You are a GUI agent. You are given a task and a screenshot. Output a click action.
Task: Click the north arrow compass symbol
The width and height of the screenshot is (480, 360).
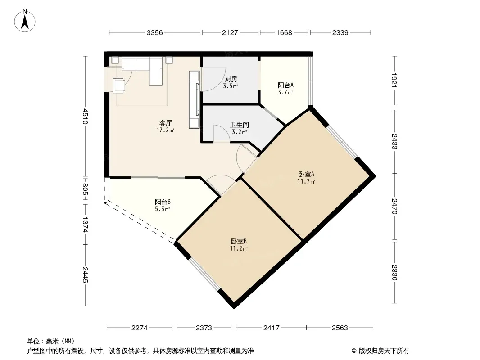pos(25,21)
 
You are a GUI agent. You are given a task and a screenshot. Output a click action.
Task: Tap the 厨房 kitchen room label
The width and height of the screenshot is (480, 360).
pos(231,79)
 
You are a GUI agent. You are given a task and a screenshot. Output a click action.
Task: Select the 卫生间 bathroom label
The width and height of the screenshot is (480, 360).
pos(240,125)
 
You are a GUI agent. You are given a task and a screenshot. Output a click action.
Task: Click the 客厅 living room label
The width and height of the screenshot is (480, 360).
pos(165,123)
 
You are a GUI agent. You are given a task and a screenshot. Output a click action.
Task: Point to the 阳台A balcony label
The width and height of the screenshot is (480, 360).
pos(285,85)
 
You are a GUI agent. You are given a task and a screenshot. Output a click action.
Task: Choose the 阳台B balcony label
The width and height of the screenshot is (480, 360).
pos(163,202)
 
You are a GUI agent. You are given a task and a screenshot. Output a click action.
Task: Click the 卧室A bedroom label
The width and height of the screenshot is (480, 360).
pos(307,174)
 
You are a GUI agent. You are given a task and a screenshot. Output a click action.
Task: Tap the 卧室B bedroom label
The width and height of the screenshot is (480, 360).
pos(239,242)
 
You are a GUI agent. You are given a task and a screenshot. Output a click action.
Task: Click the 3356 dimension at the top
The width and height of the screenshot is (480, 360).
pos(154,33)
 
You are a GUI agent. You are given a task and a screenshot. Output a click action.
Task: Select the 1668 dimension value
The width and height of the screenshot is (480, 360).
pos(284,33)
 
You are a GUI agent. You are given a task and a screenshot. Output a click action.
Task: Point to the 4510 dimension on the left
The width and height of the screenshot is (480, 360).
pos(85,117)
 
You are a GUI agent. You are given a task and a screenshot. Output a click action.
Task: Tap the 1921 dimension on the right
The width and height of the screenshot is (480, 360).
pos(394,80)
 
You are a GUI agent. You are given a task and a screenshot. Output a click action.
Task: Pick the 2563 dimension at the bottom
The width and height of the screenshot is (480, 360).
pos(340,328)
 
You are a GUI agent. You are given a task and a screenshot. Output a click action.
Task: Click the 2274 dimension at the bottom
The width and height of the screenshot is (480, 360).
pos(139,328)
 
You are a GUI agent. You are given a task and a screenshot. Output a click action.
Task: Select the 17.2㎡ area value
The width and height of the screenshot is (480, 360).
pos(165,130)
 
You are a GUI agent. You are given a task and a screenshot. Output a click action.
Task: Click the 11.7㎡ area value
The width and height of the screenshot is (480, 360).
pos(306,181)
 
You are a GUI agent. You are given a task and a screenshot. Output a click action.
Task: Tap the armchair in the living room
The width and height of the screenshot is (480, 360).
pos(119,85)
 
